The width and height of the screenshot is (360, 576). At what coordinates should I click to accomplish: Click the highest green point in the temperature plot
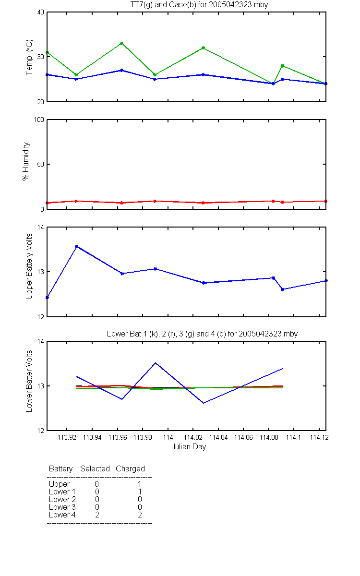click(121, 43)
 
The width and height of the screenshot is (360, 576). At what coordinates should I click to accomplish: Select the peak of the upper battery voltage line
click(77, 246)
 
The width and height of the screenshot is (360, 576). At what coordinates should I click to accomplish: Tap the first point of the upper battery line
click(48, 298)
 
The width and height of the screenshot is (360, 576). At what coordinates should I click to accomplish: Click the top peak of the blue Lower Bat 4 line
click(156, 363)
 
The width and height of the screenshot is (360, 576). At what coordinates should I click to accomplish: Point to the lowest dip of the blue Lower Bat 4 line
click(204, 403)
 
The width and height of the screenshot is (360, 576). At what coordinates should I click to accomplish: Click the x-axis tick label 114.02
click(193, 437)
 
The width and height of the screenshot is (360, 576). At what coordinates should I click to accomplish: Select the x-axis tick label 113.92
click(67, 437)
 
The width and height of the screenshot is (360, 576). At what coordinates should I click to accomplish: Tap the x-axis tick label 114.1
click(293, 437)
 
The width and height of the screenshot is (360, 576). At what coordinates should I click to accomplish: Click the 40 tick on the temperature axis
click(41, 12)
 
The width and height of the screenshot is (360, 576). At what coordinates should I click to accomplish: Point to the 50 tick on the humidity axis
click(41, 164)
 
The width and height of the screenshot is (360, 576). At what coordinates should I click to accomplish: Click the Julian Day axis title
click(189, 447)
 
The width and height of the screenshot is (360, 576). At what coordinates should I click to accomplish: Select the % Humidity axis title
click(26, 161)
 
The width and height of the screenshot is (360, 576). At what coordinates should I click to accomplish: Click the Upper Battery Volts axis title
click(29, 266)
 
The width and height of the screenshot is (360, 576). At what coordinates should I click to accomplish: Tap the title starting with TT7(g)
click(199, 5)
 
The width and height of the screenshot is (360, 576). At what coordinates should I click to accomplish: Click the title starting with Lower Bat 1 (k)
click(202, 334)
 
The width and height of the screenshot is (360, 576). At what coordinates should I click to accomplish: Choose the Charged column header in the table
click(130, 469)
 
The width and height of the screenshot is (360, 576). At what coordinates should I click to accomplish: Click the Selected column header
click(95, 468)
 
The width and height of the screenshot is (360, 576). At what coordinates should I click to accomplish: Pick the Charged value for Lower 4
click(140, 515)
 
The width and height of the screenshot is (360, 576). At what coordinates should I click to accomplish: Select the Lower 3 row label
click(62, 507)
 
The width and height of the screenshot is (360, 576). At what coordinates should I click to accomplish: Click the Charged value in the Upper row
click(140, 484)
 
